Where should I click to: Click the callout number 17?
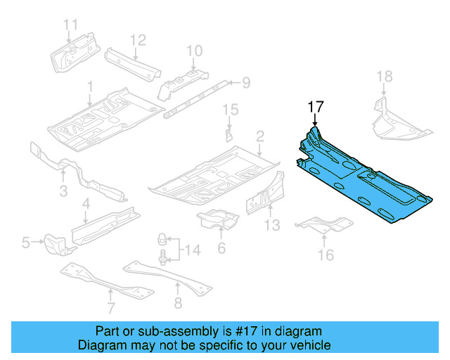tap(315, 107)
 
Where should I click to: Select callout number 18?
tap(384, 77)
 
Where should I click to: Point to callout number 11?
tap(70, 25)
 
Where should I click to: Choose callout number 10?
tap(194, 50)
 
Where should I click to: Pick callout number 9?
tap(246, 84)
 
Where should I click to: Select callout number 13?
tap(272, 224)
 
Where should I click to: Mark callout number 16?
tap(326, 255)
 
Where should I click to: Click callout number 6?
tap(221, 247)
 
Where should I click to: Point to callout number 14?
tap(192, 248)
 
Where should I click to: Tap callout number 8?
tap(177, 303)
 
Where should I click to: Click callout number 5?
tap(26, 243)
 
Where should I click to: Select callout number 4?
tap(86, 204)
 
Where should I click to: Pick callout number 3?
tap(63, 191)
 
